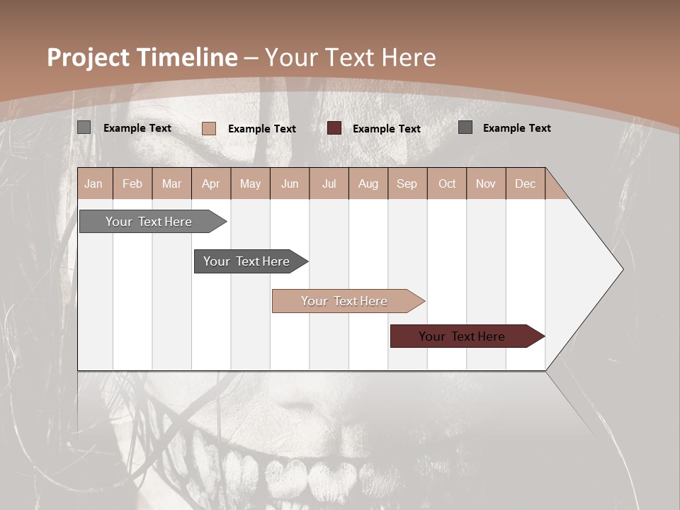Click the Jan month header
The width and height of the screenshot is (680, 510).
tap(93, 183)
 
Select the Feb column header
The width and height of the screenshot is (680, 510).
tap(132, 183)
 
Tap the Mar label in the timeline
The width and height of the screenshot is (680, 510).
tap(171, 183)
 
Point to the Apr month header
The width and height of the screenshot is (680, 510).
tap(210, 183)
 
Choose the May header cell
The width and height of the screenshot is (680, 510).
tap(250, 183)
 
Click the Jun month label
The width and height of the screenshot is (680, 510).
tap(290, 183)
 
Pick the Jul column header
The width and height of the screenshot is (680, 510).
tap(329, 183)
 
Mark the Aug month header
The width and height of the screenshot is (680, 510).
tap(368, 183)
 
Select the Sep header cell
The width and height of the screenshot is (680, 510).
tap(407, 183)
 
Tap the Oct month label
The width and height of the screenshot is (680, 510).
tap(447, 183)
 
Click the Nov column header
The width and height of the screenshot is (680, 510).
tap(486, 183)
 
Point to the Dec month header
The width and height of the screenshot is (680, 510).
tap(525, 183)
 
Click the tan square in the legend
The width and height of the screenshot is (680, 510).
tap(209, 128)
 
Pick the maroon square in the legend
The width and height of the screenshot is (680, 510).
tap(334, 128)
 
